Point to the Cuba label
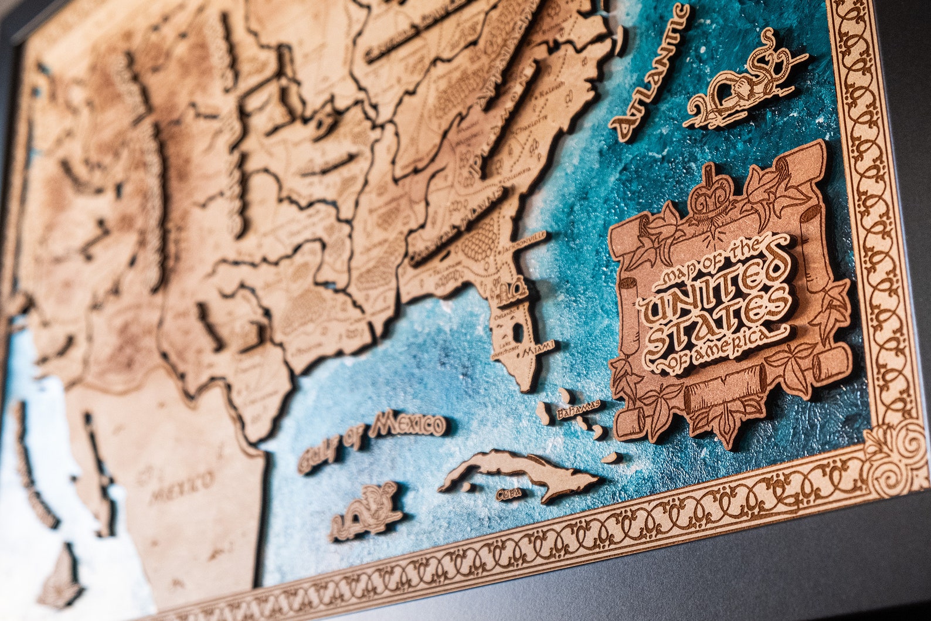508,494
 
